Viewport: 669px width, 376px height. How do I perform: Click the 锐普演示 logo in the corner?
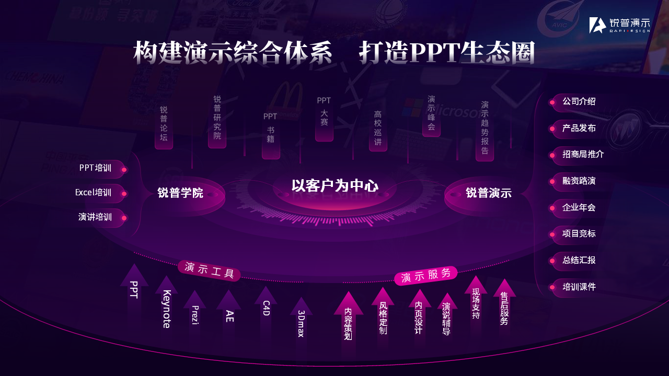pos(619,25)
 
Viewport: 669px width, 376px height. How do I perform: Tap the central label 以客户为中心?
pos(334,185)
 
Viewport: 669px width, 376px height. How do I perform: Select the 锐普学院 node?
pos(180,193)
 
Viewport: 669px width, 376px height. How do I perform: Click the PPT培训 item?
pos(95,168)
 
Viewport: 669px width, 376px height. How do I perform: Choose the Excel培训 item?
pos(93,192)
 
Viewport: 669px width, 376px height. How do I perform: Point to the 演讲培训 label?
pos(95,217)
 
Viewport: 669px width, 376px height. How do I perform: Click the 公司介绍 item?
pos(579,101)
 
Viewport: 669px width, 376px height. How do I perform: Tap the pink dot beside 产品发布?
pos(552,128)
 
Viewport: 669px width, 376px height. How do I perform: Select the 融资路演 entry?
pos(579,181)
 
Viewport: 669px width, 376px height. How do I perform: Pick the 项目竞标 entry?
pos(579,233)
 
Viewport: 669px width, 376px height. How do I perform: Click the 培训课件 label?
pos(579,287)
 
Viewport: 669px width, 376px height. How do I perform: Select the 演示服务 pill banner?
pos(425,275)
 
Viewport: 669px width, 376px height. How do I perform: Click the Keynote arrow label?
pos(167,309)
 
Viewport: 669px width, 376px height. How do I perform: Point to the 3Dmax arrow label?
pos(301,323)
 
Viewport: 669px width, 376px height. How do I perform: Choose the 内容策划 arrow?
pos(348,323)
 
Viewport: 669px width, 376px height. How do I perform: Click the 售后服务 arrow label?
pos(504,309)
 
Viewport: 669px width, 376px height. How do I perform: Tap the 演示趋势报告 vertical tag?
pos(485,128)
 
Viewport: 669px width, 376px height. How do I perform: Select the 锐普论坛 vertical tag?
pos(164,124)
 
